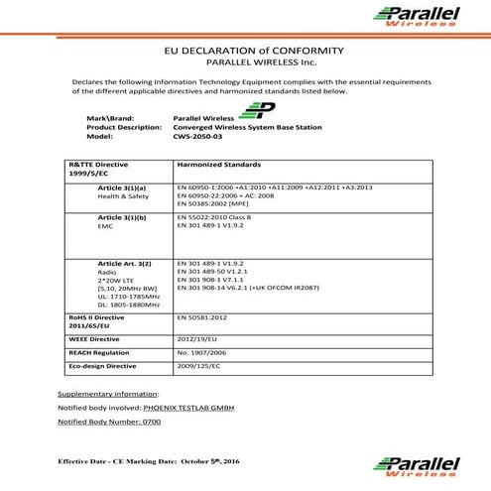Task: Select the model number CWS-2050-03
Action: (194, 137)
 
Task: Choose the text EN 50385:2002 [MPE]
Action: (214, 203)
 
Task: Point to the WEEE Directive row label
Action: (99, 338)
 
